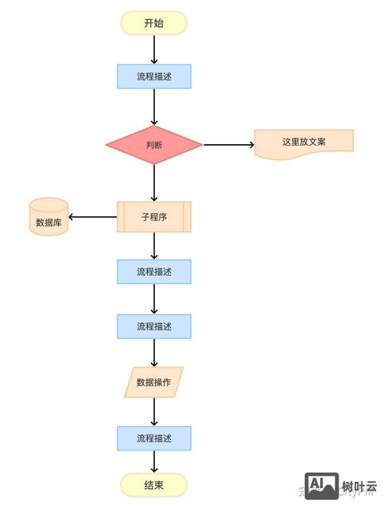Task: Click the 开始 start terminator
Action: click(153, 23)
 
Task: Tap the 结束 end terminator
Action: click(153, 485)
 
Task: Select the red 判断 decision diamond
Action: click(153, 145)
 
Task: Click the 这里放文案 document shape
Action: click(303, 143)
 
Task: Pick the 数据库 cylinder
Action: click(48, 217)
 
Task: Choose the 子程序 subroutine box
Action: click(153, 217)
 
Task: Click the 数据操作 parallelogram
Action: click(153, 382)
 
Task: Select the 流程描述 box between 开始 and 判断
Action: click(153, 77)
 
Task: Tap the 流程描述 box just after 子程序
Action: click(153, 271)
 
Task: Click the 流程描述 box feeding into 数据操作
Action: click(153, 326)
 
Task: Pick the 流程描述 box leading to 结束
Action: click(153, 438)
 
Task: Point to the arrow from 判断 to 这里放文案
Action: click(228, 144)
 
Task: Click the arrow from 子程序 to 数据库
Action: click(93, 217)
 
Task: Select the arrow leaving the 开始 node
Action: click(154, 49)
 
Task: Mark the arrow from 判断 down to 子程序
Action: click(154, 182)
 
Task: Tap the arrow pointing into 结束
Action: click(154, 461)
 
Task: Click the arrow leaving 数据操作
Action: click(154, 411)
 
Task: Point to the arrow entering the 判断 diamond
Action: click(154, 107)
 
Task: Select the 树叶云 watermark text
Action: click(359, 486)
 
